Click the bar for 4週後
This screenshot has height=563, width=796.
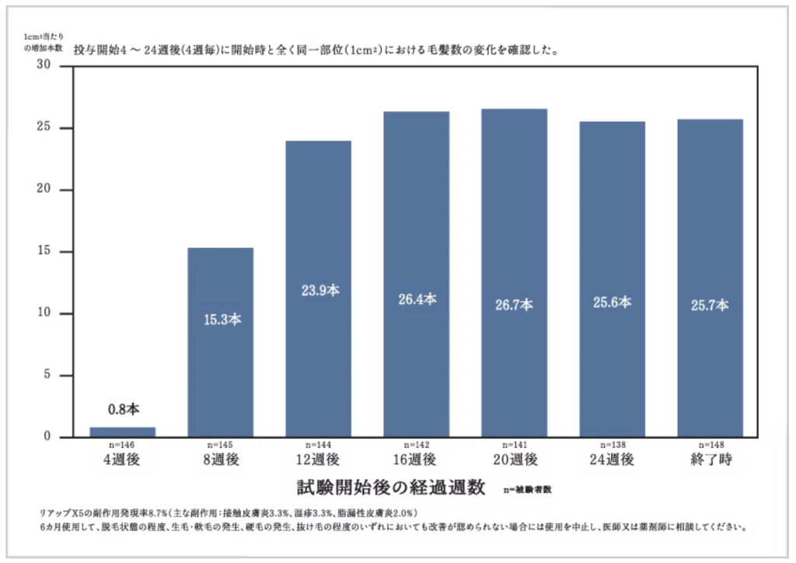pyautogui.click(x=122, y=432)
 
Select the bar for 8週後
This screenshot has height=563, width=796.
pyautogui.click(x=220, y=342)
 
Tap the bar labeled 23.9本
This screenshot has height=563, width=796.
pyautogui.click(x=318, y=288)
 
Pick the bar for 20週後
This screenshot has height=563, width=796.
pyautogui.click(x=514, y=272)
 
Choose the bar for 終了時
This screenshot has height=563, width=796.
pyautogui.click(x=710, y=278)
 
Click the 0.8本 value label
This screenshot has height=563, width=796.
pyautogui.click(x=123, y=410)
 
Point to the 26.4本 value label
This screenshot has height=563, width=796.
pyautogui.click(x=417, y=299)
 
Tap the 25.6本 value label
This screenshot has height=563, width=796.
pyautogui.click(x=612, y=303)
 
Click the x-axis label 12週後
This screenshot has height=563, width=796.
pyautogui.click(x=318, y=460)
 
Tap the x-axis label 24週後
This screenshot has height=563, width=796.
pyautogui.click(x=612, y=460)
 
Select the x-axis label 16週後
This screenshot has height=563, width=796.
pyautogui.click(x=416, y=460)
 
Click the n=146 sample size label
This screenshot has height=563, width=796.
pyautogui.click(x=122, y=445)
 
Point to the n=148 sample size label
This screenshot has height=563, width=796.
pyautogui.click(x=710, y=445)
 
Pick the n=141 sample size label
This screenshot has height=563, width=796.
pyautogui.click(x=514, y=445)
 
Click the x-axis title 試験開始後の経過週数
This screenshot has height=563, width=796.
pyautogui.click(x=391, y=488)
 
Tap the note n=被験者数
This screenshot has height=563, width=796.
pyautogui.click(x=527, y=490)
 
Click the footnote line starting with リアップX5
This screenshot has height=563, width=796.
pyautogui.click(x=229, y=513)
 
